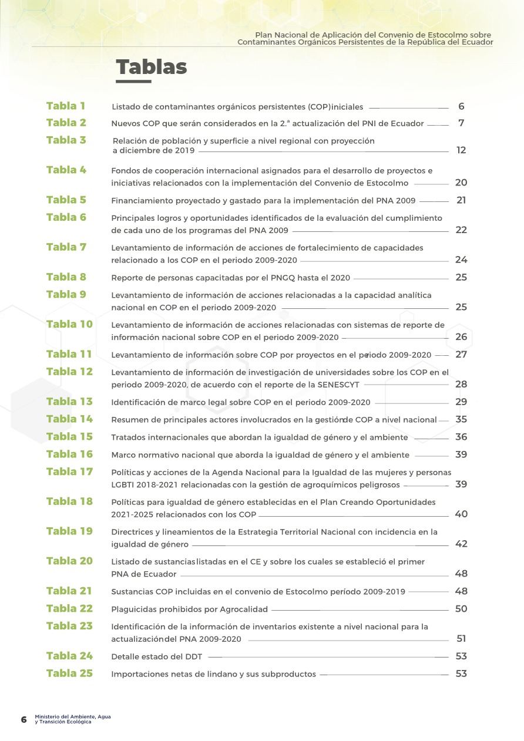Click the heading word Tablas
(151, 68)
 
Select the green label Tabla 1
(66, 106)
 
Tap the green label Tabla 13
(69, 402)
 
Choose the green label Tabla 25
(69, 673)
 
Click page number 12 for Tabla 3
(461, 150)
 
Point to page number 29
(461, 402)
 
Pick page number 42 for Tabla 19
(461, 544)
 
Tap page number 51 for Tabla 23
(461, 639)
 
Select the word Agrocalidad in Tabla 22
(243, 609)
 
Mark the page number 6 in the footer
(24, 719)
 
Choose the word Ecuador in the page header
(476, 42)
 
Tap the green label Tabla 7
(66, 247)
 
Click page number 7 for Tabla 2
(462, 123)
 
